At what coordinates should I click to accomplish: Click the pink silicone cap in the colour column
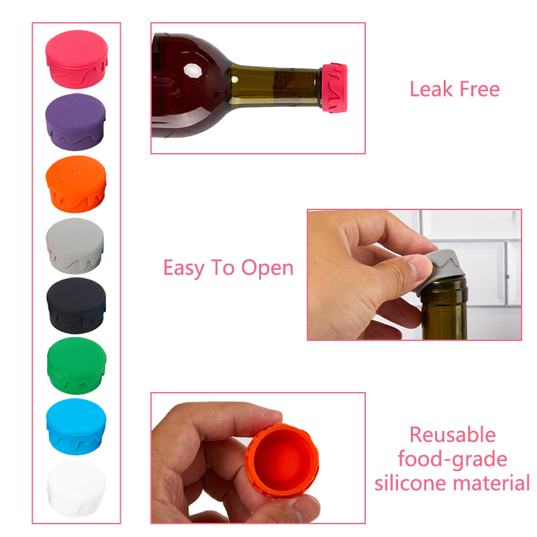coord(77,59)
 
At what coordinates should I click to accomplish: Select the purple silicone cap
coord(75,122)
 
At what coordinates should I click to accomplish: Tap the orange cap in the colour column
coord(76,184)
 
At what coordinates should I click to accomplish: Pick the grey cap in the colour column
coord(75,246)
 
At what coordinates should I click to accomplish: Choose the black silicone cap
coord(76,305)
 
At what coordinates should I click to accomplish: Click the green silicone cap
coord(77,366)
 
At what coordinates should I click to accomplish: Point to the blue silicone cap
coord(76,426)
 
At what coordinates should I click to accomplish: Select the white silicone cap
coord(76,489)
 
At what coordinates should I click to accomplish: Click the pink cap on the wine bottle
coord(334,88)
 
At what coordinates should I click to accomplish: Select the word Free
coord(479,89)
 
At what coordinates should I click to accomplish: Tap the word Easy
coord(183,268)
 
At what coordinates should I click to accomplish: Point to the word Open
coord(267,268)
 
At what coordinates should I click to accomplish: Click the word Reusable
coord(452,435)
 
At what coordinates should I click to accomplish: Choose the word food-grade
coord(452,460)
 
